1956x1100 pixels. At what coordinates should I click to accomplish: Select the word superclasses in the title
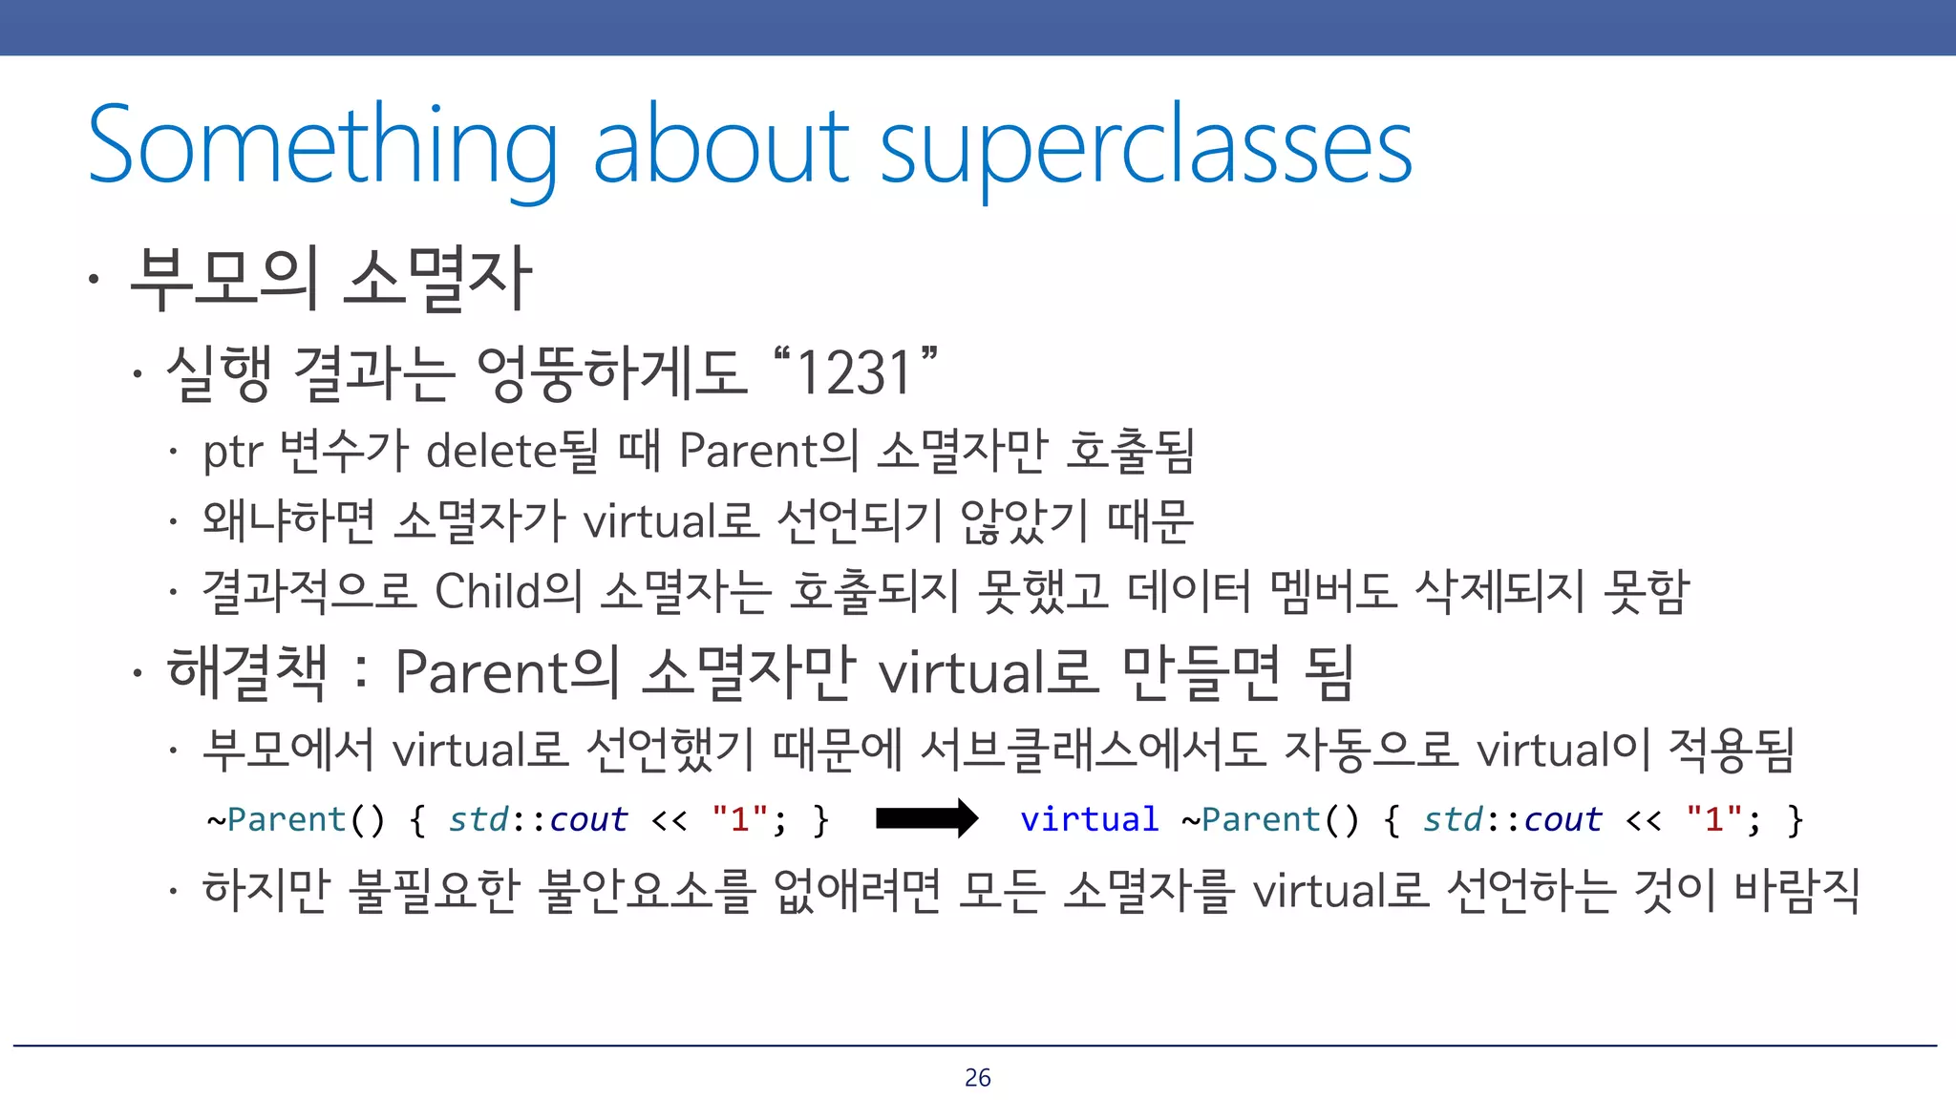pos(1145,145)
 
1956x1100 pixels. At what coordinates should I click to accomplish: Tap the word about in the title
pos(720,145)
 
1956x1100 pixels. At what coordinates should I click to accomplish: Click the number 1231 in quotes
pos(854,372)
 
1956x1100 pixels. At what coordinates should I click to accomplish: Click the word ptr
pos(232,453)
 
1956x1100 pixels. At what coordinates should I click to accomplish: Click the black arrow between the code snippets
pos(925,818)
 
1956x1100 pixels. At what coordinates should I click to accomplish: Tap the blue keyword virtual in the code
pos(1089,819)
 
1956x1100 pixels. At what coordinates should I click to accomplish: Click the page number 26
pos(977,1077)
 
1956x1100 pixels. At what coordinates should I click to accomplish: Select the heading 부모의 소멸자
pos(330,279)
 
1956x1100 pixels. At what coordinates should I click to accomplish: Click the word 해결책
pos(247,672)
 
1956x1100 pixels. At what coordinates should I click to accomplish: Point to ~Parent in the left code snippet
pos(276,819)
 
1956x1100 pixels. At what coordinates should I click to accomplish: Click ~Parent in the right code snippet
pos(1250,819)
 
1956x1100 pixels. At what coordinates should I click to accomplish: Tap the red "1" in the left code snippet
pos(740,819)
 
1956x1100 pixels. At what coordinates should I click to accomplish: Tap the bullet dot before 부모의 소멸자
pos(93,280)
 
